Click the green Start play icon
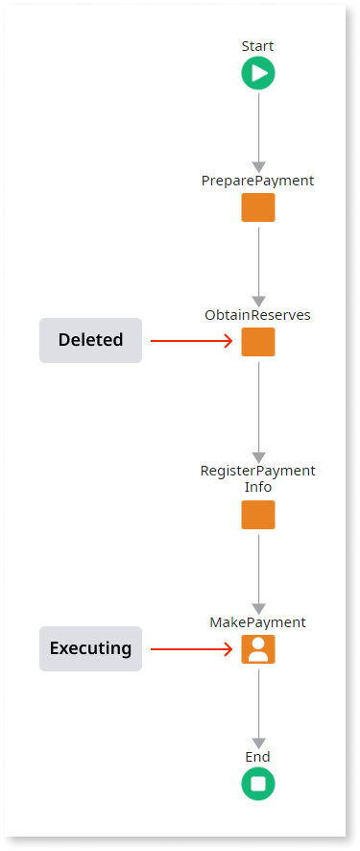click(257, 73)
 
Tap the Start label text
click(257, 46)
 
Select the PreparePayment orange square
click(257, 207)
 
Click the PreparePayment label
click(257, 181)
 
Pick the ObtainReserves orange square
click(257, 342)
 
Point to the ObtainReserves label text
click(257, 315)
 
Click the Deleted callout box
click(90, 340)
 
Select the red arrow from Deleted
click(192, 340)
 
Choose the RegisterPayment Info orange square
click(257, 515)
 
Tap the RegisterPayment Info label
click(257, 478)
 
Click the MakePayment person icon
click(257, 649)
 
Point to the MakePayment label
click(257, 622)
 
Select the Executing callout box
click(90, 648)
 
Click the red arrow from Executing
click(192, 649)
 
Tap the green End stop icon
click(257, 784)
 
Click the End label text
click(257, 757)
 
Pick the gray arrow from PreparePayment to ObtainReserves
click(258, 264)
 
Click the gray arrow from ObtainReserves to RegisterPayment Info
click(258, 408)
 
